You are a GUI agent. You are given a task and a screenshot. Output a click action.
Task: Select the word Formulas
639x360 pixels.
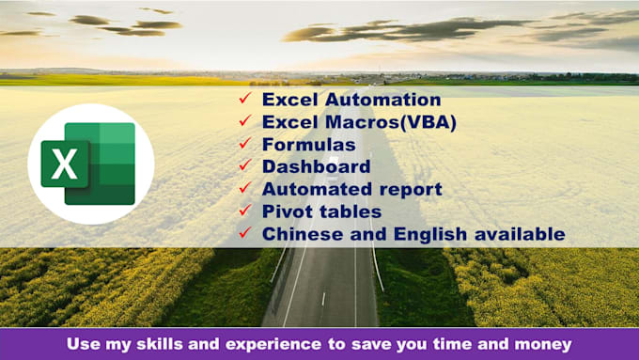(308, 145)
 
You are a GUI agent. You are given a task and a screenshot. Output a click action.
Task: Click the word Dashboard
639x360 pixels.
(315, 166)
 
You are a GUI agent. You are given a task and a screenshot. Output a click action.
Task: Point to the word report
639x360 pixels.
(411, 189)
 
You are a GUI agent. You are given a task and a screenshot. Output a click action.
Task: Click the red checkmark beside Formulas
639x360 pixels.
(244, 144)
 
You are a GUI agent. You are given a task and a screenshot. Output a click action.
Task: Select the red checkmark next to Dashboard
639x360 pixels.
(244, 165)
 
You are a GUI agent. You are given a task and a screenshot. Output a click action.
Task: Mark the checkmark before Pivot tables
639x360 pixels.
(244, 211)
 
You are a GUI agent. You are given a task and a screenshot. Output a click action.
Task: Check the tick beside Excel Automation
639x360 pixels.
(244, 99)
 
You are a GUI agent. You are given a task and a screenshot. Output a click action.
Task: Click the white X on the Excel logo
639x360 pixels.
(65, 164)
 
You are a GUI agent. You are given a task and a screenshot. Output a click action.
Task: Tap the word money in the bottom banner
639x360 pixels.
(539, 344)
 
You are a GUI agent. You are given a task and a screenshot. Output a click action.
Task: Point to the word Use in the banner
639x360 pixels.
(83, 344)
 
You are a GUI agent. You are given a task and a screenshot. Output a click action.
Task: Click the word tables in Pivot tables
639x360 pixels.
(348, 211)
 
